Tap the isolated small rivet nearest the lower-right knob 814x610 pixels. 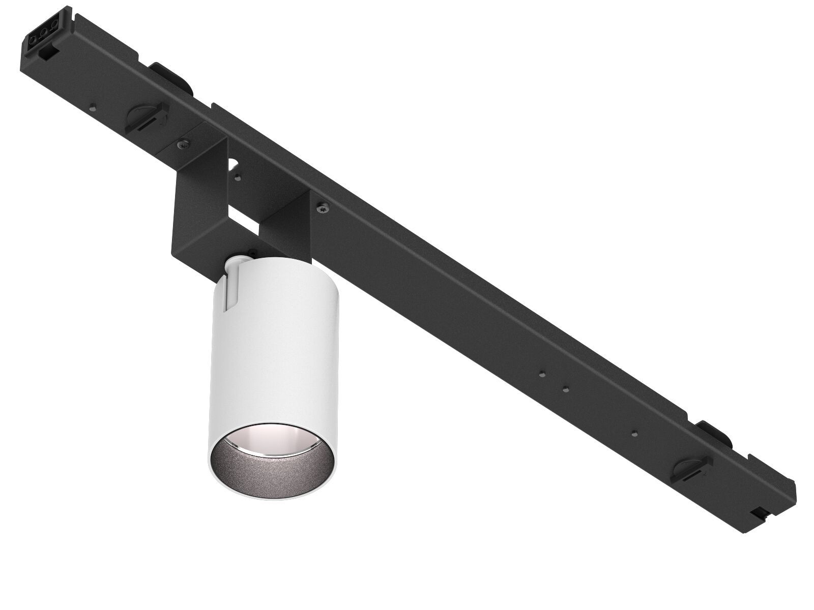[633, 433]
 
